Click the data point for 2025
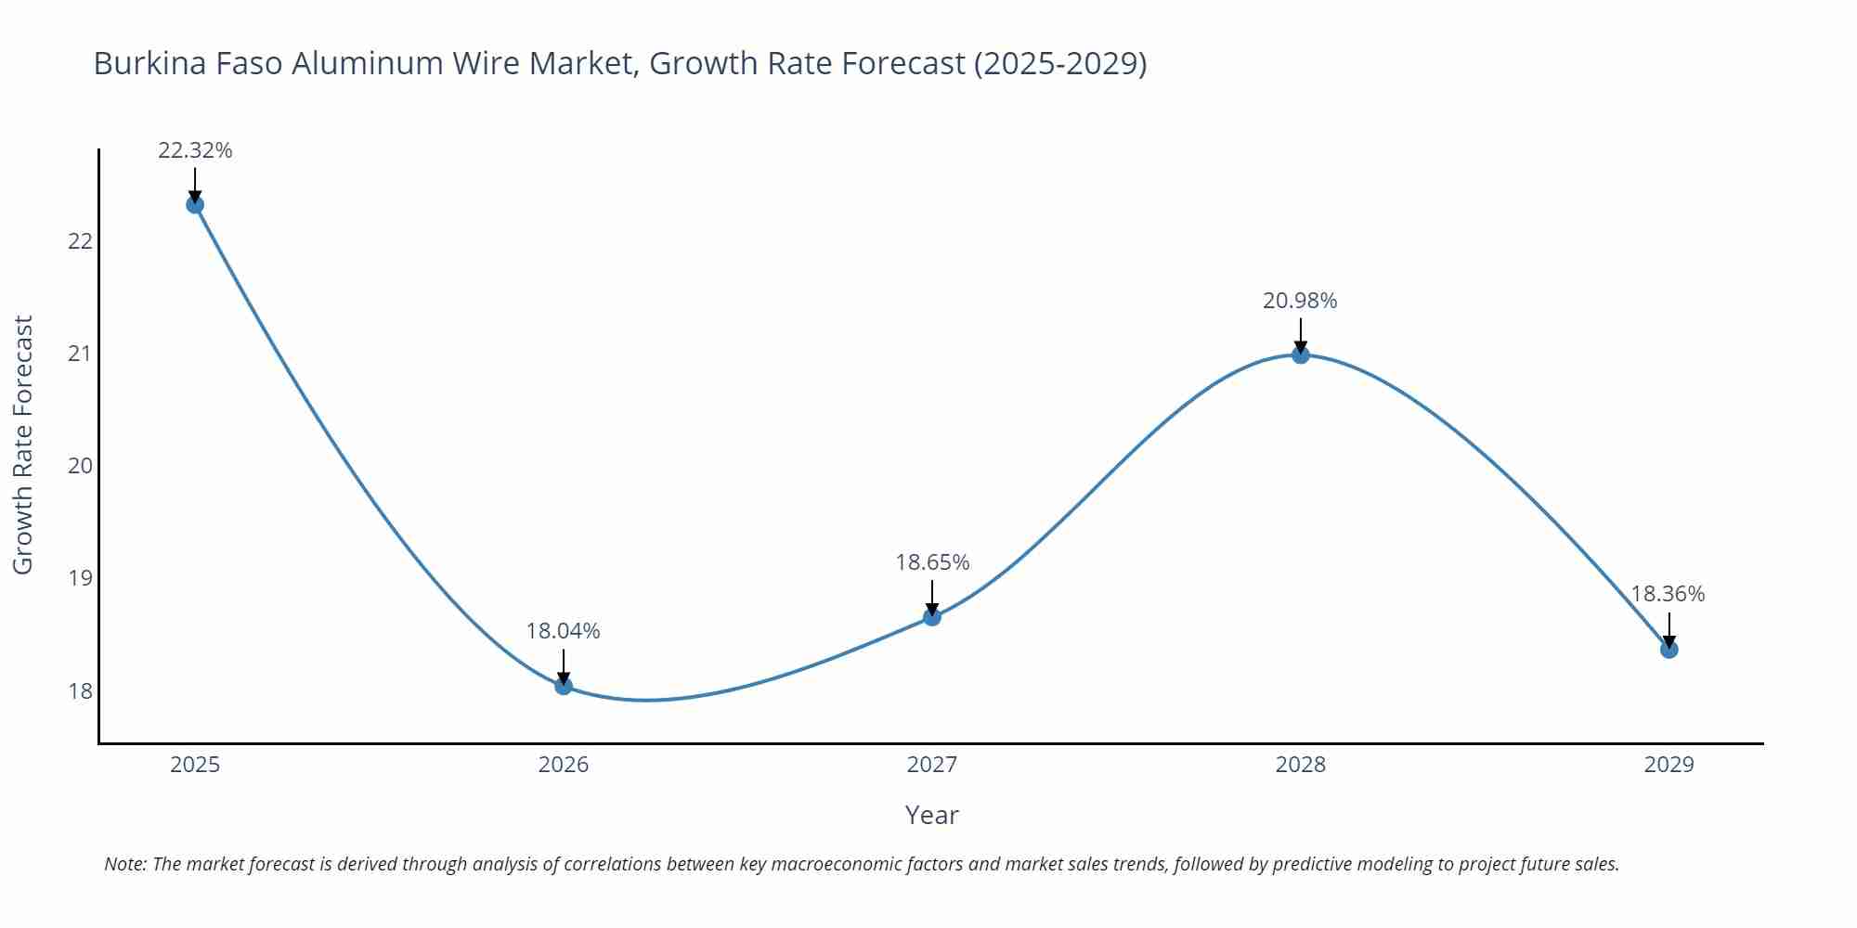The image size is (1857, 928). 195,204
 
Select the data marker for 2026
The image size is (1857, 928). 564,686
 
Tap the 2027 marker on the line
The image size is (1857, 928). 932,616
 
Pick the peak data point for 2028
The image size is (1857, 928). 1301,354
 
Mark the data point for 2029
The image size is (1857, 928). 1669,649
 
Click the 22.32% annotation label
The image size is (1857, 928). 195,150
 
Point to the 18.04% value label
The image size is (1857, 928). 564,631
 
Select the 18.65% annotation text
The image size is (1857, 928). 932,562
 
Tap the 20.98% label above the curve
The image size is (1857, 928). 1300,301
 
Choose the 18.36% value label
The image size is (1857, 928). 1668,594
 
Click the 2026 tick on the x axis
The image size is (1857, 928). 564,765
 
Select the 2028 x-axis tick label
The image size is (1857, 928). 1301,765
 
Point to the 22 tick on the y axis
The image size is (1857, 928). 81,241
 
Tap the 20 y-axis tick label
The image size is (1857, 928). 81,466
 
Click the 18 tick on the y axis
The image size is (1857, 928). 81,691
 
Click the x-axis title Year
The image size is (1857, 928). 931,815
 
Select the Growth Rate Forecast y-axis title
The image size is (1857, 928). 23,445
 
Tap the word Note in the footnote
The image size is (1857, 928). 124,864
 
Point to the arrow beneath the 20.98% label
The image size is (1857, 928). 1301,333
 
